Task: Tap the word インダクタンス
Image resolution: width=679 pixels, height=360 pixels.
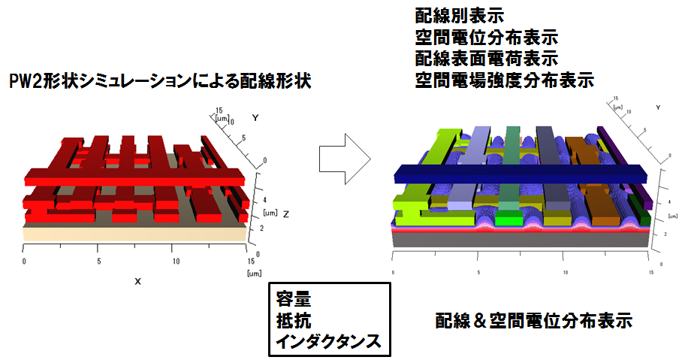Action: pyautogui.click(x=328, y=343)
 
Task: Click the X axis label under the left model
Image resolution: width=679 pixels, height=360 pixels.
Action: pyautogui.click(x=137, y=280)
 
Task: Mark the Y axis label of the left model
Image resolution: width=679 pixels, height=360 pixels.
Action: pyautogui.click(x=255, y=118)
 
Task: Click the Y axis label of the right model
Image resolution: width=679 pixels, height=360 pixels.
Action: pyautogui.click(x=658, y=109)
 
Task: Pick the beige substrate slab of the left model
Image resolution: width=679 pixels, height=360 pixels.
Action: pyautogui.click(x=135, y=234)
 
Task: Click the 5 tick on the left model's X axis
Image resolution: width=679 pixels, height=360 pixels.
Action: pyautogui.click(x=99, y=261)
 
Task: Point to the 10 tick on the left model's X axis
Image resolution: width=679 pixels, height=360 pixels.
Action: pyautogui.click(x=175, y=261)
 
